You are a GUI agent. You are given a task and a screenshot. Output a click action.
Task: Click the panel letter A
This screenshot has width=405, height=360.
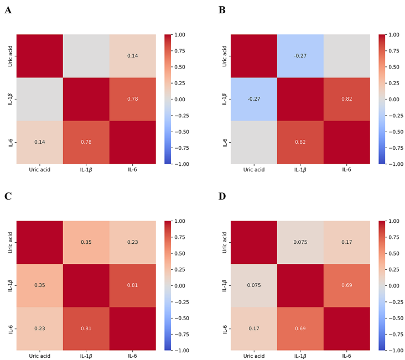click(x=8, y=10)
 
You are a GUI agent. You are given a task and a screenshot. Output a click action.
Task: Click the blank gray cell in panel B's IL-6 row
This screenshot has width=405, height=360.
click(x=253, y=142)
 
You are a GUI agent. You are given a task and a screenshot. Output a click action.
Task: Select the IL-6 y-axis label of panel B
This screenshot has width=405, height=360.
click(x=224, y=142)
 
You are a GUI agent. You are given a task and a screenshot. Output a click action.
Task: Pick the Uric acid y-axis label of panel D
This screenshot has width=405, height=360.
click(x=224, y=242)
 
